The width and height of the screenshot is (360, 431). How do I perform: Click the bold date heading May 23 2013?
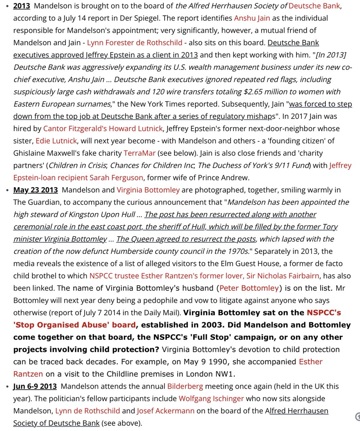pyautogui.click(x=35, y=190)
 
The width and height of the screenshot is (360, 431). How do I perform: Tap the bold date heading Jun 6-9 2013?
pyautogui.click(x=35, y=386)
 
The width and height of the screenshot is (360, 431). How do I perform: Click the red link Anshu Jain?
pyautogui.click(x=252, y=18)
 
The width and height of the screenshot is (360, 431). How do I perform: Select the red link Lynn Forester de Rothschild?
pyautogui.click(x=135, y=43)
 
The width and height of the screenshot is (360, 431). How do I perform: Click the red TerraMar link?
pyautogui.click(x=139, y=153)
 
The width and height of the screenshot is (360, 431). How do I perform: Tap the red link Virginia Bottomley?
pyautogui.click(x=148, y=190)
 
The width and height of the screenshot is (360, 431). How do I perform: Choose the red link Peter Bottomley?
pyautogui.click(x=249, y=288)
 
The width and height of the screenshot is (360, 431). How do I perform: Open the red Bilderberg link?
pyautogui.click(x=185, y=386)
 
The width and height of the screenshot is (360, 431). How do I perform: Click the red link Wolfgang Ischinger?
pyautogui.click(x=211, y=399)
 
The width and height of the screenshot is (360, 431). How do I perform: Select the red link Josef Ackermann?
pyautogui.click(x=166, y=411)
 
